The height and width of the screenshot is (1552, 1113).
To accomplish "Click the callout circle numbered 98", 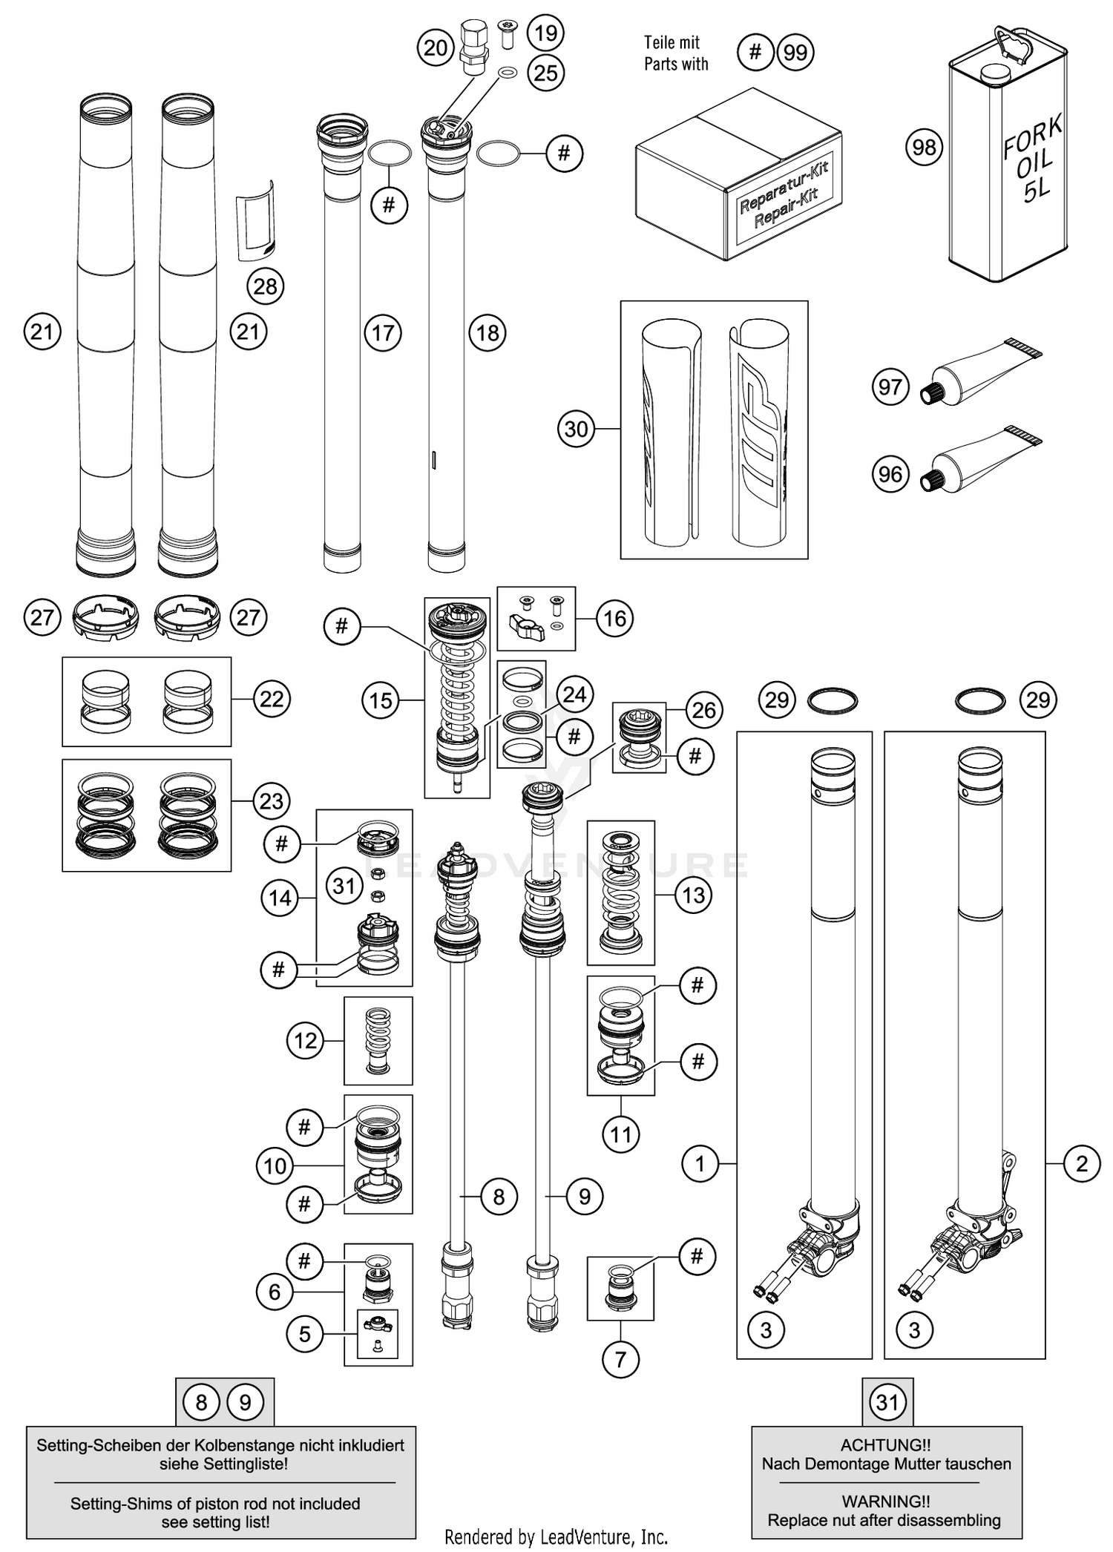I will (924, 148).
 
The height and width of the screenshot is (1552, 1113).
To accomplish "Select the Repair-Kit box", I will (738, 178).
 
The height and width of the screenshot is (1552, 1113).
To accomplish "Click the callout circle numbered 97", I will (890, 387).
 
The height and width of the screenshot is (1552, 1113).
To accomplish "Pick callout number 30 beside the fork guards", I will (577, 429).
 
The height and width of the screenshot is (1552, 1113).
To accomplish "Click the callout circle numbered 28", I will (265, 286).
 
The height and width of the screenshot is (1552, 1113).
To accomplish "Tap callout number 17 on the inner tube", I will (383, 333).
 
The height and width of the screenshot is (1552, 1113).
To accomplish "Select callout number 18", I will (487, 333).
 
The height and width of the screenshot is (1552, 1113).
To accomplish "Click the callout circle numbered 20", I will (436, 48).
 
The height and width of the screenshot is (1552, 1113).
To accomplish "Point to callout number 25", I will (545, 73).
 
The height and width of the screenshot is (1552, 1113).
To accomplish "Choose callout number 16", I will (614, 618).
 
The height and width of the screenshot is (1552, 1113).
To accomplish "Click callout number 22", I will (271, 699).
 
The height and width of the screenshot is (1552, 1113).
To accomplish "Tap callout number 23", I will (271, 801).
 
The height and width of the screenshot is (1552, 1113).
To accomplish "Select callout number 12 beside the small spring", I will (305, 1040).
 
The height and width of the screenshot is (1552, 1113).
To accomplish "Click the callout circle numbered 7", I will (620, 1359).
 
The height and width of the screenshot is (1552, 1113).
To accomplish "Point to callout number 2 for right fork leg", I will (1081, 1163).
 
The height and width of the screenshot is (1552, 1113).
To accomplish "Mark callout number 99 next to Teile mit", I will (795, 53).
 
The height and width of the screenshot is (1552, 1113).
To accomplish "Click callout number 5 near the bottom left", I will (305, 1334).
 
